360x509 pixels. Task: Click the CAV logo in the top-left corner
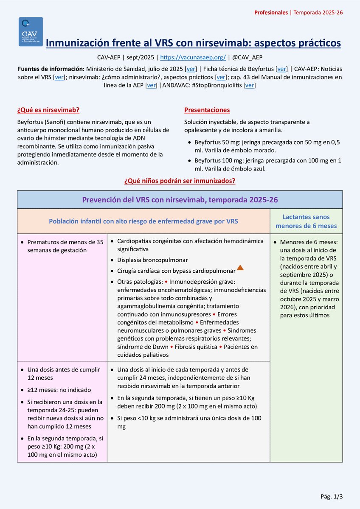(31, 32)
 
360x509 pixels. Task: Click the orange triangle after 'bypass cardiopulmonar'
(240, 268)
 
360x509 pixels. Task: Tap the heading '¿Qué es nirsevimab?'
(48, 110)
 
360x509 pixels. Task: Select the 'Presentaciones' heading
(207, 110)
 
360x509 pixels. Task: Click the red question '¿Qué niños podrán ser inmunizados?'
(180, 181)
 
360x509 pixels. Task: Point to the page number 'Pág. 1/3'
(331, 496)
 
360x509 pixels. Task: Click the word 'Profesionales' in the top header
(270, 13)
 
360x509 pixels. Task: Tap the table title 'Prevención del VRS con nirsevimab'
(180, 199)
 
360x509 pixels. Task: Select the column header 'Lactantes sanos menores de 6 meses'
(306, 221)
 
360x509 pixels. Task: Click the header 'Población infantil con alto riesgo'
(143, 221)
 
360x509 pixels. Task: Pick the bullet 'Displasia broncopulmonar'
(152, 260)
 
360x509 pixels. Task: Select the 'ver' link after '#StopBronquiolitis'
(250, 85)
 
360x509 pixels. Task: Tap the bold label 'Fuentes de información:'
(51, 69)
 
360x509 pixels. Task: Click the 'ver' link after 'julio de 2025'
(191, 69)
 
